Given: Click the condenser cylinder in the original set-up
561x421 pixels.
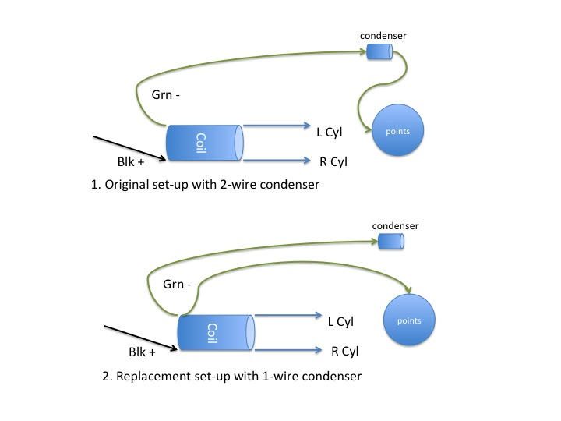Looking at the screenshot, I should [379, 51].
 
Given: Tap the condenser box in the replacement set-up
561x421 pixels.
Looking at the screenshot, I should [391, 242].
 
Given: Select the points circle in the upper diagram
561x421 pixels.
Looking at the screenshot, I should [397, 131].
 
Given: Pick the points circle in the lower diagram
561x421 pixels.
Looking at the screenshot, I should [409, 320].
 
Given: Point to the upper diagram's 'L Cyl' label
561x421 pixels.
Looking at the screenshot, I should [329, 133].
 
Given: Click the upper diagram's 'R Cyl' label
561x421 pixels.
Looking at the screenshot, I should [333, 162].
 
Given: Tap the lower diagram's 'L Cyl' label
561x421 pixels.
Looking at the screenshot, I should [340, 322].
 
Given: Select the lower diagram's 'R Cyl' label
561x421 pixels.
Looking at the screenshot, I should [344, 351].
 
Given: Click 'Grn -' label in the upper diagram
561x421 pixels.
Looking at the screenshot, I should [167, 96].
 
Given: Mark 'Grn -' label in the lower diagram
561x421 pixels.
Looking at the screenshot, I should [178, 285].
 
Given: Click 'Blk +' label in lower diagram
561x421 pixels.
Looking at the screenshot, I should [143, 352].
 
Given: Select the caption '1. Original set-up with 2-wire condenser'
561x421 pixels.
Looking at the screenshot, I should [206, 186].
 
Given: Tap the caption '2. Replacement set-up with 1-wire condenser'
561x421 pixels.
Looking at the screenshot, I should [232, 376].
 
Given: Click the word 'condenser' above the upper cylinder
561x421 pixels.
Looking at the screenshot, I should [383, 36].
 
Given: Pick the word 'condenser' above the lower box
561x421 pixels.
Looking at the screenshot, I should [395, 226].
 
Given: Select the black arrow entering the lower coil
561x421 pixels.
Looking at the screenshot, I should [140, 338].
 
